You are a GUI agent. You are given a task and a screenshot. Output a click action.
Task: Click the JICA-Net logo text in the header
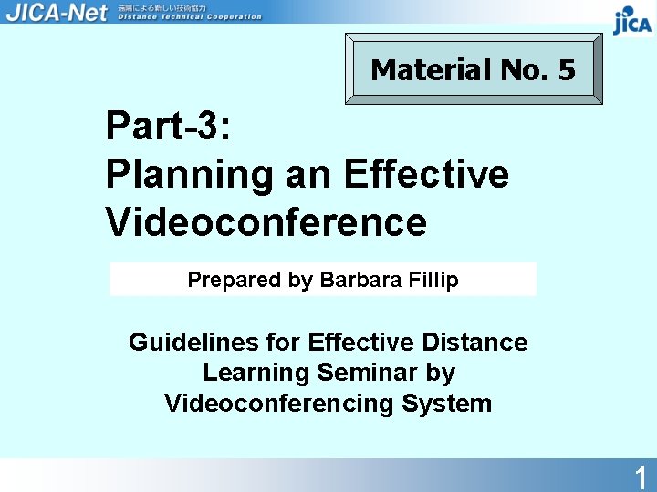tap(56, 12)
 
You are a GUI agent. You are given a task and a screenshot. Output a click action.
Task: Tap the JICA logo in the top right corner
tap(631, 20)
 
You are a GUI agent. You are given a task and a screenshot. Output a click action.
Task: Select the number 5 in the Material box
tap(567, 69)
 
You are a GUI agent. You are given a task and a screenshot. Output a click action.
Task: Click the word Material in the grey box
tap(431, 69)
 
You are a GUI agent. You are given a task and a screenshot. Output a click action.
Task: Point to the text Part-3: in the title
tap(169, 126)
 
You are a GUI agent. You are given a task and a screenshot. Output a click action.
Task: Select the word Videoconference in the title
tap(266, 221)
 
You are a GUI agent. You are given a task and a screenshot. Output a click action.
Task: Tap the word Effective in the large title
tap(426, 173)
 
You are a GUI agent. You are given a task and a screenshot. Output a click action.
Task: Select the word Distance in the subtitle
tap(474, 343)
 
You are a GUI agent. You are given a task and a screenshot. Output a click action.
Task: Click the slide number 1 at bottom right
tap(641, 477)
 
